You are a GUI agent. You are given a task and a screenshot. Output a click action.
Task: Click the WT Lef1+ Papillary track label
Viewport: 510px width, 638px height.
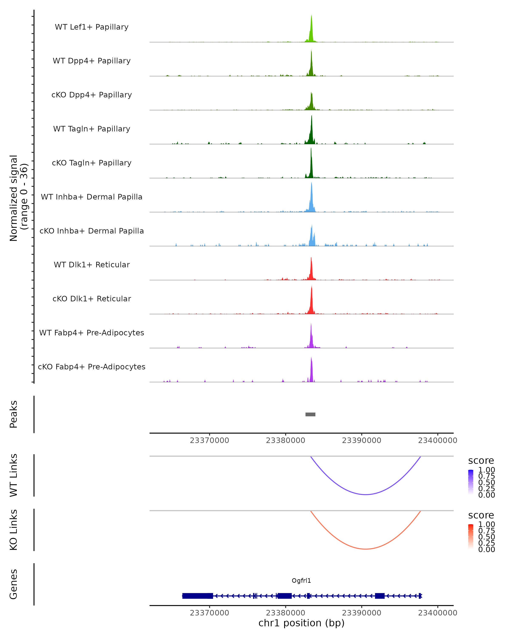(92, 27)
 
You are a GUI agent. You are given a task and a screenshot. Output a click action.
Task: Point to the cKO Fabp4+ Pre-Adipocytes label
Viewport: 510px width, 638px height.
(92, 367)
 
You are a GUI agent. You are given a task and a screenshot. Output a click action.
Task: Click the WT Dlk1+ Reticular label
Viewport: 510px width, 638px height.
(92, 265)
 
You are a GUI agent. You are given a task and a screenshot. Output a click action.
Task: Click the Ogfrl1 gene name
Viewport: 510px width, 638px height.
(301, 581)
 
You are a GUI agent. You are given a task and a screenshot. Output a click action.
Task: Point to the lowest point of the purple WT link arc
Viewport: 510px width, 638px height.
(366, 494)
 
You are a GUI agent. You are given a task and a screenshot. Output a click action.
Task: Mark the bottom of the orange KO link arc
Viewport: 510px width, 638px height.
(366, 549)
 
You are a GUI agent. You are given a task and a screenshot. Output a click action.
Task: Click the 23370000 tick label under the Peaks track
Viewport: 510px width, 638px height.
(209, 440)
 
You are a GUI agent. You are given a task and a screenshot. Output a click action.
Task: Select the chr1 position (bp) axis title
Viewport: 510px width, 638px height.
(301, 623)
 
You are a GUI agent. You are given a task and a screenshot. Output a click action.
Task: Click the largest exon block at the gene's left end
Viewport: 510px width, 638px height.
(197, 596)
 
